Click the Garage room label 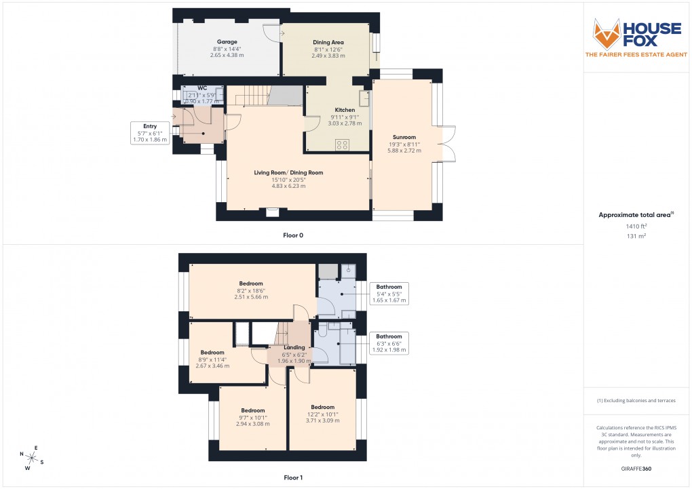click(x=227, y=41)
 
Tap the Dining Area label click(x=326, y=42)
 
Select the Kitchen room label click(x=345, y=110)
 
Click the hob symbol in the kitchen click(x=343, y=144)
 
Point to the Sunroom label click(x=403, y=137)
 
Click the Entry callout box click(x=149, y=132)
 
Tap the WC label click(x=202, y=88)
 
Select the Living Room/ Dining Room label click(x=288, y=172)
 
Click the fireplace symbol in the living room click(x=273, y=212)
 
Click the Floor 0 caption click(x=293, y=235)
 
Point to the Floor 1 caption click(x=293, y=477)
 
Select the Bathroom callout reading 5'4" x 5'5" click(x=389, y=293)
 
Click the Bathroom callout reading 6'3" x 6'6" click(x=389, y=343)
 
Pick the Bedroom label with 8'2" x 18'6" click(x=250, y=283)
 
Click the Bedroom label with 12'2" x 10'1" click(x=322, y=407)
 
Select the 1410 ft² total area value click(x=636, y=227)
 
